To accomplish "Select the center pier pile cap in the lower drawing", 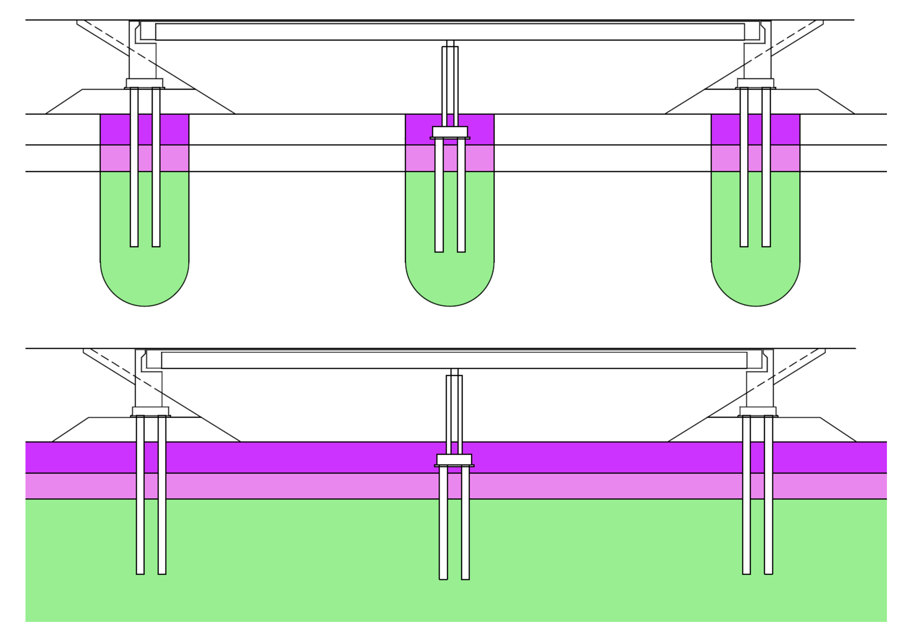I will click(x=454, y=460).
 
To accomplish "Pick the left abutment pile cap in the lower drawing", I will click(x=150, y=411).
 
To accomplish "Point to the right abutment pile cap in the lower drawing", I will click(x=758, y=411).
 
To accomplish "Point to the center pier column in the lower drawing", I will click(x=454, y=414).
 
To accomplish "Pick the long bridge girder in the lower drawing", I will click(x=454, y=360).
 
